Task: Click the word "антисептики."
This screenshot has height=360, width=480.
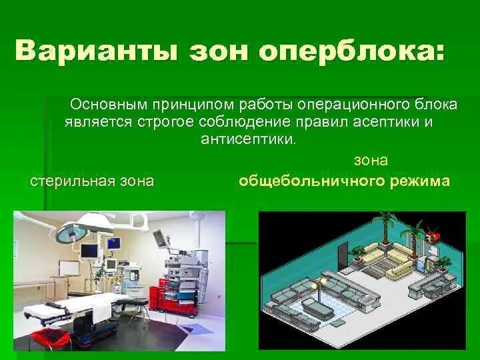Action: point(246,139)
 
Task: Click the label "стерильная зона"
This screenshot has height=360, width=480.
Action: point(93,181)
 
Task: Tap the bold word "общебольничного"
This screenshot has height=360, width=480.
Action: point(307,181)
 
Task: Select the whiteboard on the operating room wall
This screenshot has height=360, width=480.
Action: point(68,268)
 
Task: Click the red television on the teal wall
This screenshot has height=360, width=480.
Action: point(434,237)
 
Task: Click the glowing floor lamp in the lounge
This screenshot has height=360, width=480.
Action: point(323,283)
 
